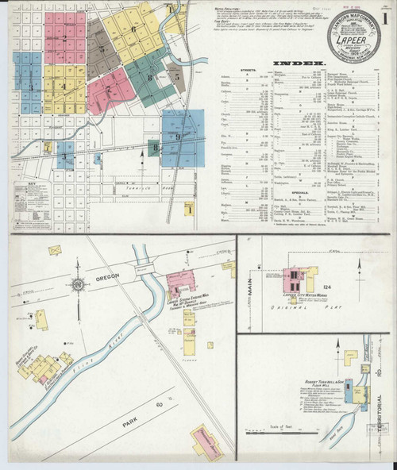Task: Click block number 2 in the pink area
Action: pyautogui.click(x=64, y=37)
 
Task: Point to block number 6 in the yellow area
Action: pyautogui.click(x=133, y=29)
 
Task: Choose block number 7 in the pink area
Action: pyautogui.click(x=109, y=91)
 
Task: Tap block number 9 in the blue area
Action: pyautogui.click(x=179, y=137)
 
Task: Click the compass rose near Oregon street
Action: pyautogui.click(x=78, y=284)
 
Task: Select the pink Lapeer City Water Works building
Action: pyautogui.click(x=294, y=279)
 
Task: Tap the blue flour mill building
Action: pyautogui.click(x=359, y=395)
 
